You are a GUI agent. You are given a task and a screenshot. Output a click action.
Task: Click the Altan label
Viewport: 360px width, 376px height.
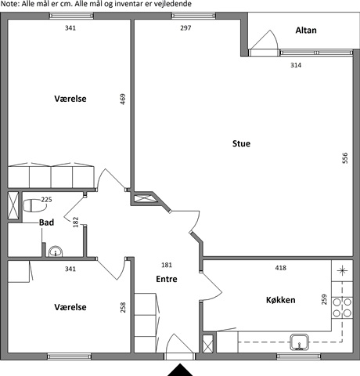[306, 31]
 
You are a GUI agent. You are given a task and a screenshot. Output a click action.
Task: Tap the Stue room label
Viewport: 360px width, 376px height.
[241, 143]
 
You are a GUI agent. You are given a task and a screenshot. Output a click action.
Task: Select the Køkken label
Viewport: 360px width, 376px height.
[281, 300]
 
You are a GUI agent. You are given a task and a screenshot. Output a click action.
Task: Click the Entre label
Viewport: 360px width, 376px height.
[167, 279]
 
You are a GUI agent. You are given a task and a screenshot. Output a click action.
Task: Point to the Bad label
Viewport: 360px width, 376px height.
[46, 222]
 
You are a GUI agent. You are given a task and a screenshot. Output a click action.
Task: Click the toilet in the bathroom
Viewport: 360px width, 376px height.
[35, 205]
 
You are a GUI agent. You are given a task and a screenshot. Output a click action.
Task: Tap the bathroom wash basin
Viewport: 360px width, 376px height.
[56, 251]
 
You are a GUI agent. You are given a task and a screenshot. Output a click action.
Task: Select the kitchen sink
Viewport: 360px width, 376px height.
[300, 342]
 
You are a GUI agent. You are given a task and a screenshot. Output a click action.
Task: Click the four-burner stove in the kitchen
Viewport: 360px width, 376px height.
[342, 307]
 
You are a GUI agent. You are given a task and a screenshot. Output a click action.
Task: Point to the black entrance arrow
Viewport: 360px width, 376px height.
[180, 370]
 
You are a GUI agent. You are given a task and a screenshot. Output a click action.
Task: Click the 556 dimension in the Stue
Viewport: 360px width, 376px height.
[345, 158]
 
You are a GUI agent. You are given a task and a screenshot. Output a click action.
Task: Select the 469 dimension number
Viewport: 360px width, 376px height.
[123, 99]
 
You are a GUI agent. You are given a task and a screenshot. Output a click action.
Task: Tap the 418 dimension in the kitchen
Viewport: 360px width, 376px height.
[281, 268]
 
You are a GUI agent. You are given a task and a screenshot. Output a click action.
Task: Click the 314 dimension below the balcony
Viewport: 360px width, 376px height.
[296, 65]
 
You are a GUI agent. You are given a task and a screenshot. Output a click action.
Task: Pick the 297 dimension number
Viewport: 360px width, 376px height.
[185, 27]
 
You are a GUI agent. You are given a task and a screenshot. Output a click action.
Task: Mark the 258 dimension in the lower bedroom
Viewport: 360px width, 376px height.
[123, 307]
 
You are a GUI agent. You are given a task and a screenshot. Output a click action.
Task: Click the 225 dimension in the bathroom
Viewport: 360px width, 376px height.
[46, 200]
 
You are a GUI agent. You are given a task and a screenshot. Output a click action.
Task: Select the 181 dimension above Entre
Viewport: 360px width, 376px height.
[167, 265]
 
